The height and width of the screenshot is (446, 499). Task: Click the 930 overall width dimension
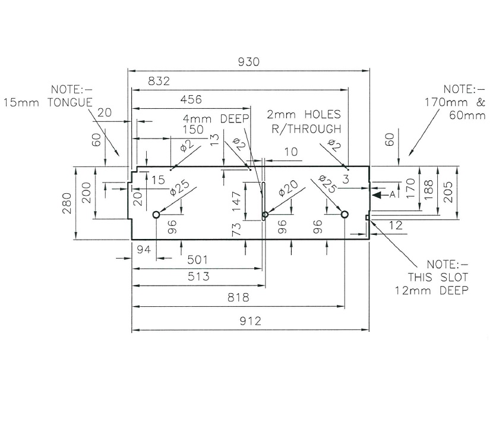(249, 62)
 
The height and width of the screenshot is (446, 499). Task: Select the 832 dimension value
(159, 81)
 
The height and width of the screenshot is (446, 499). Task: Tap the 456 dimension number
(190, 99)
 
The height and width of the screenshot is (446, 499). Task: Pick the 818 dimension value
(237, 298)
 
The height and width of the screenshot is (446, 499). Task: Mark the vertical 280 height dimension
(67, 203)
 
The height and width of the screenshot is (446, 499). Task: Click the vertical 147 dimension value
(237, 201)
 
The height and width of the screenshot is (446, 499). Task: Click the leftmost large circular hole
(156, 215)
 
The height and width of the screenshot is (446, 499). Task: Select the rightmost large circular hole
(344, 215)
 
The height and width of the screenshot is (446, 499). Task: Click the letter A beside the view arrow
(392, 194)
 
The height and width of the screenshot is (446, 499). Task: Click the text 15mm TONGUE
(48, 102)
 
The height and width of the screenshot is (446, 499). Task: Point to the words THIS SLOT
(438, 277)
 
